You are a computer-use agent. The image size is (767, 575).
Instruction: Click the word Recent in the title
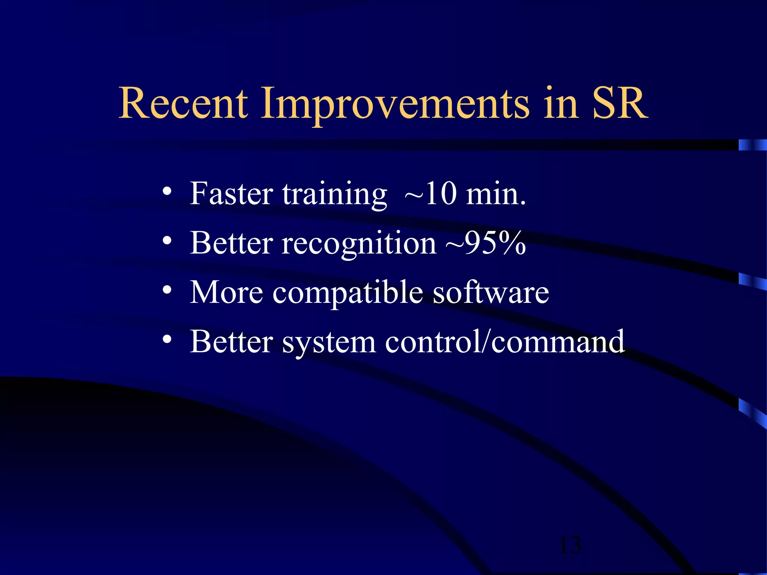click(x=183, y=103)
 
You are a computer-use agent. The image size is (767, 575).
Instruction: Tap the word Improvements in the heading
click(x=395, y=105)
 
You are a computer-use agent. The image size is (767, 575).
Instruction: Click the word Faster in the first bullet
click(x=231, y=194)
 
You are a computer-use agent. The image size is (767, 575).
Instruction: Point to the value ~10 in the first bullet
click(x=431, y=194)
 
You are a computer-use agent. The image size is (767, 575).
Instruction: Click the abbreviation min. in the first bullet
click(x=495, y=194)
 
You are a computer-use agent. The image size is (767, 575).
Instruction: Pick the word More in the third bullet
click(x=226, y=292)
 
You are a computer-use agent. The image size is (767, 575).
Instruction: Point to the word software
click(x=491, y=292)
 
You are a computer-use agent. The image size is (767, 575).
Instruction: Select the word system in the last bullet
click(x=329, y=343)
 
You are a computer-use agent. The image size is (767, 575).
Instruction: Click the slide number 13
click(x=570, y=545)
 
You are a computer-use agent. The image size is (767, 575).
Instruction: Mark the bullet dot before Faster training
click(x=167, y=192)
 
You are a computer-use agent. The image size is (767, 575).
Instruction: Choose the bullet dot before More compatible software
click(x=167, y=290)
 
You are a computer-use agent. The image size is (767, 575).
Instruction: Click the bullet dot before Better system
click(x=167, y=339)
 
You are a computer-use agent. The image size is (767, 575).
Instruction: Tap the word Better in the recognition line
click(x=231, y=243)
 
